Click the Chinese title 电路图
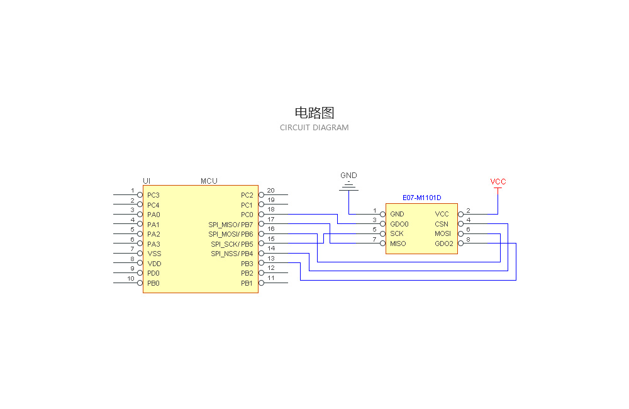[x=314, y=113]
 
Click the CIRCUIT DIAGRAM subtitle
[x=314, y=128]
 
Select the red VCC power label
[x=498, y=182]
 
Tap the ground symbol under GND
[x=348, y=187]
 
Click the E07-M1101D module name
[x=422, y=198]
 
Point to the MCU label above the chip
[x=209, y=181]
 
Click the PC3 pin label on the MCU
[x=153, y=195]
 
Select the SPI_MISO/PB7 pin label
[x=231, y=225]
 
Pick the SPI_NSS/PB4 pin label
[x=231, y=254]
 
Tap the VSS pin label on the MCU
[x=154, y=254]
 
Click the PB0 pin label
[x=153, y=283]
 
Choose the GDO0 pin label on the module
[x=399, y=224]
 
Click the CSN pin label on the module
[x=442, y=224]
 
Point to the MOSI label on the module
[x=443, y=233]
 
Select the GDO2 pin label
[x=444, y=244]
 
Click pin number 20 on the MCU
[x=270, y=191]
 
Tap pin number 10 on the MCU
[x=131, y=279]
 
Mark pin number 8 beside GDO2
[x=468, y=239]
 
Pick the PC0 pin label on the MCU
[x=247, y=215]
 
